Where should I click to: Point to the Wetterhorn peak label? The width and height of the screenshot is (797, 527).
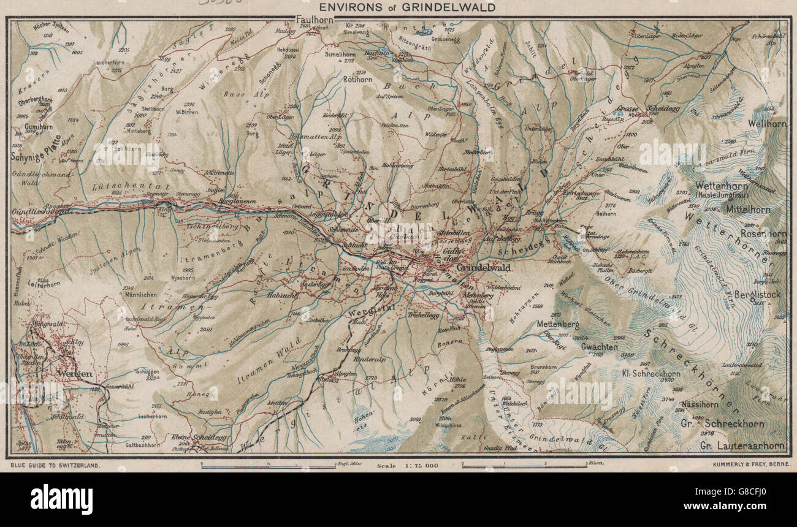coord(718,185)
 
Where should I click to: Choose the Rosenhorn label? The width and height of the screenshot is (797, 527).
coord(763,233)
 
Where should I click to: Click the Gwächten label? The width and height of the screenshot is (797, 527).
coord(599,346)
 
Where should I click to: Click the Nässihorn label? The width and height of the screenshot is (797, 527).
coord(699,404)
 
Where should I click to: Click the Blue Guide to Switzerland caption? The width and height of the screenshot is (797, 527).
coord(55,466)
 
